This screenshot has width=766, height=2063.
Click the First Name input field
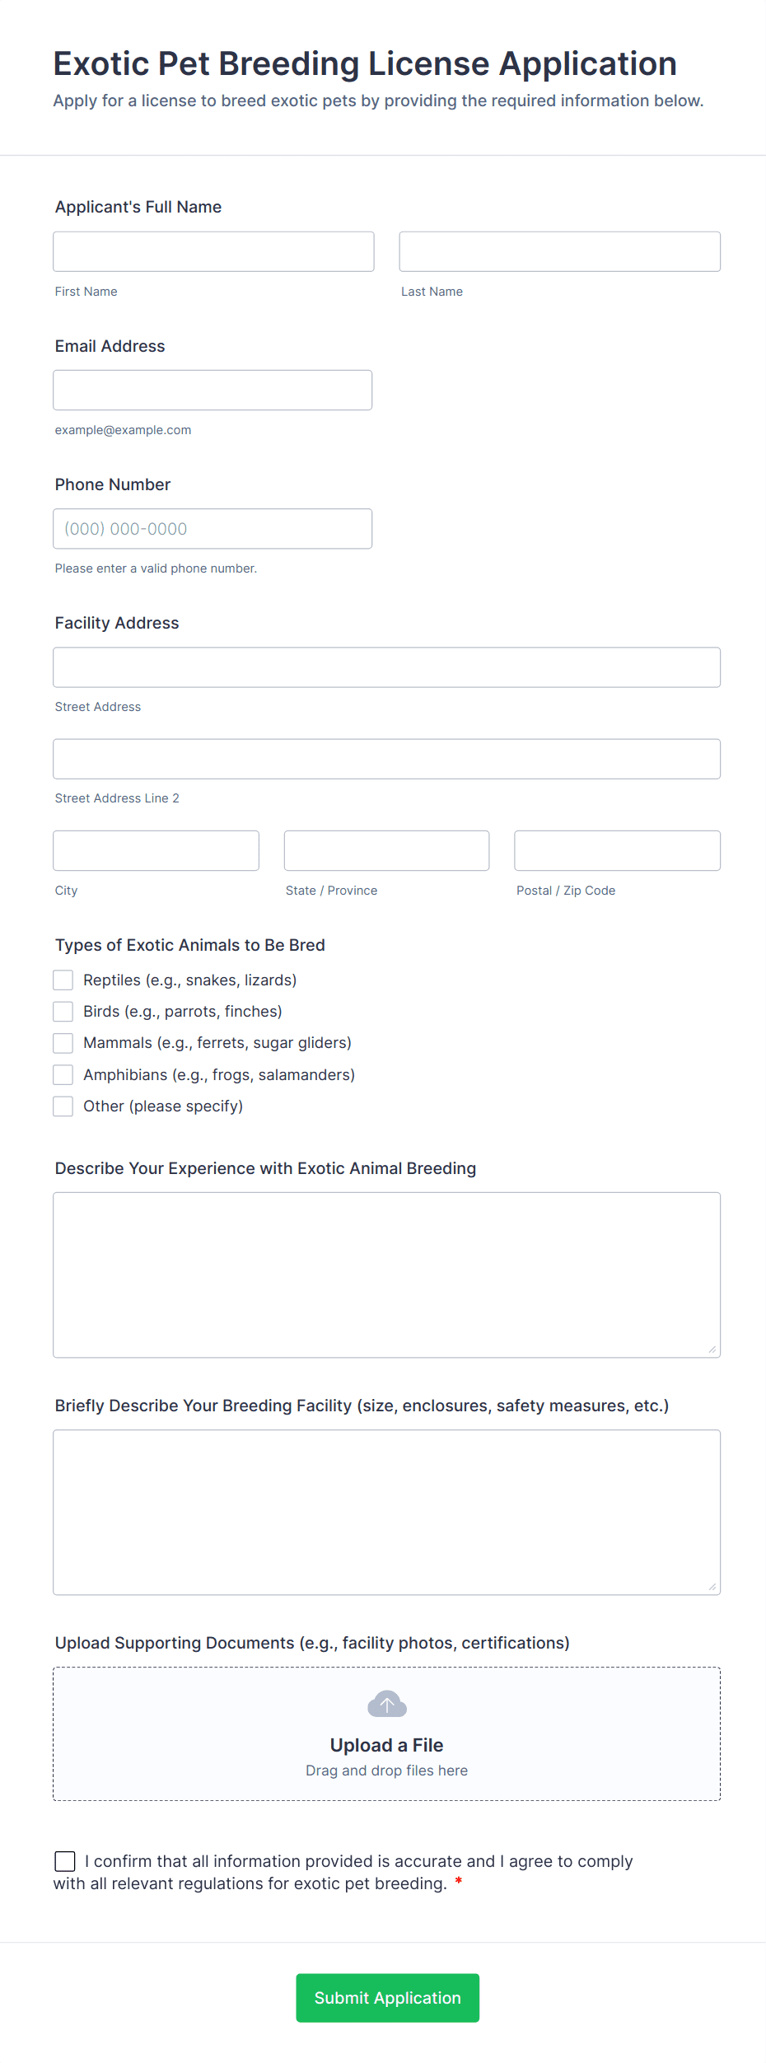(213, 251)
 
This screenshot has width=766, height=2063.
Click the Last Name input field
(559, 251)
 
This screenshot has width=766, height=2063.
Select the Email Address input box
(213, 390)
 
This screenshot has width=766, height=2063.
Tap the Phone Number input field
(213, 529)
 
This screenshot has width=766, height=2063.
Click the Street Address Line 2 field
(386, 759)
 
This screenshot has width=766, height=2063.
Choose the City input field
(156, 850)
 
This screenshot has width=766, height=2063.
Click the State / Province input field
(386, 850)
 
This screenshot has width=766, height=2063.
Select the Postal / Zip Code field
(617, 850)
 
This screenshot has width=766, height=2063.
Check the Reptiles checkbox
(63, 980)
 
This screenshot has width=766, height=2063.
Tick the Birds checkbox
(63, 1011)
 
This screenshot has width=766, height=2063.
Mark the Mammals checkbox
(63, 1043)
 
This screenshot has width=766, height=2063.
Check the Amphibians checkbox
(63, 1074)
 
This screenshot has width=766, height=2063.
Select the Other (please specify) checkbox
(63, 1106)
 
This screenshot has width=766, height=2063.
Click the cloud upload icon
(386, 1704)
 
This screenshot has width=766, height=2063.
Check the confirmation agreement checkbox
(65, 1861)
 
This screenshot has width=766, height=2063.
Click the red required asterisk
(459, 1882)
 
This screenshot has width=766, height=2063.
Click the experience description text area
(386, 1275)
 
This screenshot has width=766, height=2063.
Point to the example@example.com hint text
(123, 430)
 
